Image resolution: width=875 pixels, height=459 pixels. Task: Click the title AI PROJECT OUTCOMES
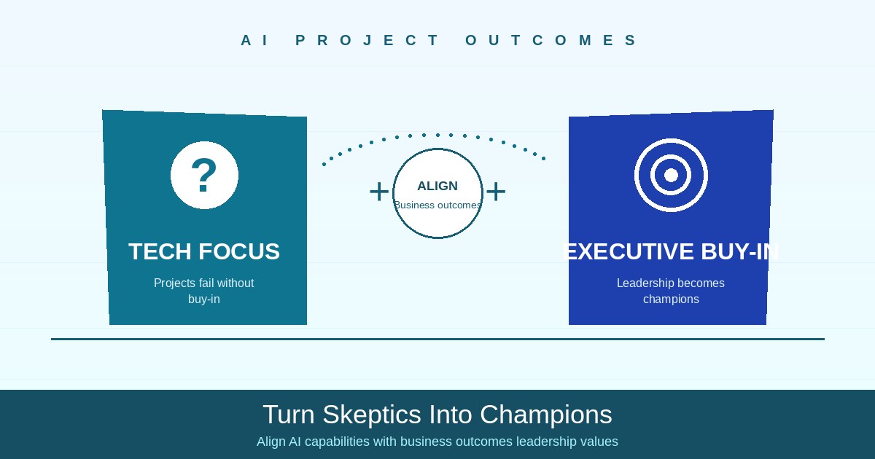[437, 41]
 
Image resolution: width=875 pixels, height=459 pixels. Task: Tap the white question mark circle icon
[204, 175]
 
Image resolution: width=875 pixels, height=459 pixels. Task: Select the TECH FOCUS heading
[204, 251]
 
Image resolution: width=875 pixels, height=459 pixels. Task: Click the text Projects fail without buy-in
[204, 291]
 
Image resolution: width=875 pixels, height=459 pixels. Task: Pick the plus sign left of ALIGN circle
[379, 192]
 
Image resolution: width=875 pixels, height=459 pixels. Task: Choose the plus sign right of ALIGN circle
[496, 192]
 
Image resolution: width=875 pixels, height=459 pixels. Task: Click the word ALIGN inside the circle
[437, 186]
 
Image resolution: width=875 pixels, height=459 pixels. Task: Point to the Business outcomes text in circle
[437, 205]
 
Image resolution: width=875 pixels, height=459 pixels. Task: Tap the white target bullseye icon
[671, 175]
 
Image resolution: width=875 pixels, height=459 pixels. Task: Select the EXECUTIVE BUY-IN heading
[671, 251]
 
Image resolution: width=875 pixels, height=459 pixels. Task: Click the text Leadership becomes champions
[671, 291]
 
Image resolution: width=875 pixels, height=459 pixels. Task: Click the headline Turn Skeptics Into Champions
[437, 415]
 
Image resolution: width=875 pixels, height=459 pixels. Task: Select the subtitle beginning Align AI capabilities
[437, 442]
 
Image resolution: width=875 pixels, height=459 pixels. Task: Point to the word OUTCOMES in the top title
[551, 41]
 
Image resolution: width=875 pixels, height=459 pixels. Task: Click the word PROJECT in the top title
[367, 41]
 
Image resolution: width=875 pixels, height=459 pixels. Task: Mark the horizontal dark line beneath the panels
[437, 339]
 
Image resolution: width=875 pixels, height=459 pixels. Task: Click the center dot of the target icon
[671, 175]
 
